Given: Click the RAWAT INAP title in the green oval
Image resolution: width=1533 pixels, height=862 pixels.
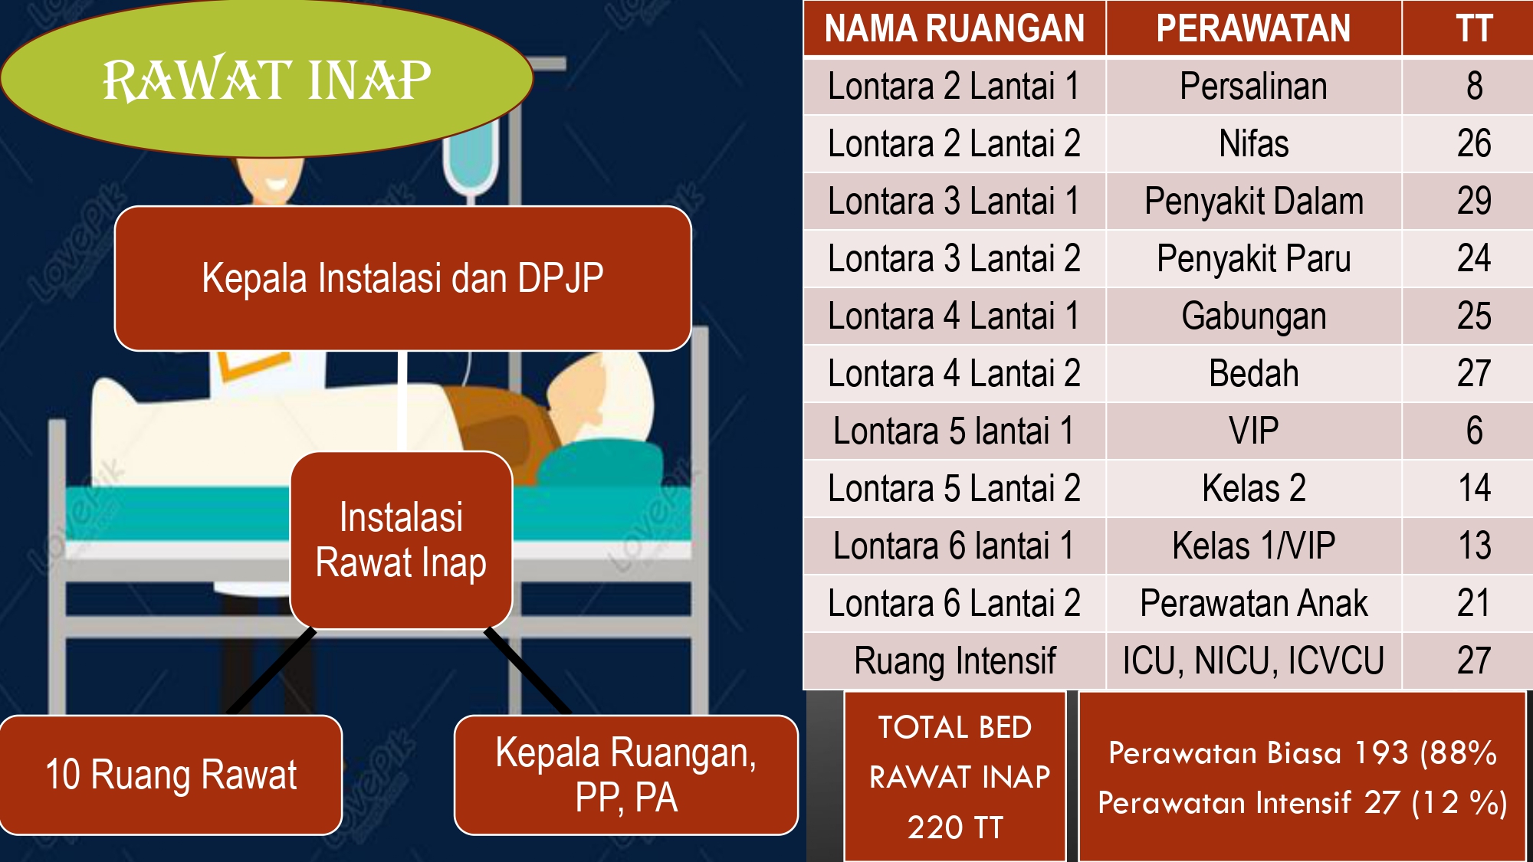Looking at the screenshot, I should point(267,80).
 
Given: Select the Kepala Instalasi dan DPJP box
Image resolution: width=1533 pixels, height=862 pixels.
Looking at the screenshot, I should point(402,278).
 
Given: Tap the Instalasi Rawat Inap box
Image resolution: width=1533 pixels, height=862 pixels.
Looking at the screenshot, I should point(401,540).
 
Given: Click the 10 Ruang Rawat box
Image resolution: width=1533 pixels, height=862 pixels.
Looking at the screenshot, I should point(171,775).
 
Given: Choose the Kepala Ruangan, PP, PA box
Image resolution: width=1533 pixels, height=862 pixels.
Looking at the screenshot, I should point(625,775).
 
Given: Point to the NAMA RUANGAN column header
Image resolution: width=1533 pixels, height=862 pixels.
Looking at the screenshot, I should point(954,28).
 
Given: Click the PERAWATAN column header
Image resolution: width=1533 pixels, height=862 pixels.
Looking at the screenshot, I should point(1253,28).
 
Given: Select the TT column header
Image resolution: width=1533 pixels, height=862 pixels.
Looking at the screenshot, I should point(1473,28).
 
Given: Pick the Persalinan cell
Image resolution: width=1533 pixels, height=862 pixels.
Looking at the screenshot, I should point(1253,86).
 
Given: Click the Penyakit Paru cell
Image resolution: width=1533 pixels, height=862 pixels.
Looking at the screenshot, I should point(1253,258).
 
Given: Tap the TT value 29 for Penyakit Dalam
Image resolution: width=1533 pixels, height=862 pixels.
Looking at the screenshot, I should point(1473,201).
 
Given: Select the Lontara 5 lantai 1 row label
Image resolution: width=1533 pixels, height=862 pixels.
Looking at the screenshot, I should point(954,431).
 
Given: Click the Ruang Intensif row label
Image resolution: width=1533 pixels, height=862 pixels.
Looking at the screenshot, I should point(954,660).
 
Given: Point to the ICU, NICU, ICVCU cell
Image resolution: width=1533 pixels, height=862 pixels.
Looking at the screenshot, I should point(1253,660).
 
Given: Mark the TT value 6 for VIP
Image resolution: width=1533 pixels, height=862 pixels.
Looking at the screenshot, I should point(1473,431).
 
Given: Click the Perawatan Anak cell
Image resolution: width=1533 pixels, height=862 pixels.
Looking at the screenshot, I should point(1253,603).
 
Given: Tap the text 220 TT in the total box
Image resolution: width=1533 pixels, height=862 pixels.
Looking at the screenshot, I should point(955,828).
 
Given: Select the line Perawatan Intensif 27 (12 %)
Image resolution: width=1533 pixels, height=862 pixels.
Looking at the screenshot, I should point(1302,803).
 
